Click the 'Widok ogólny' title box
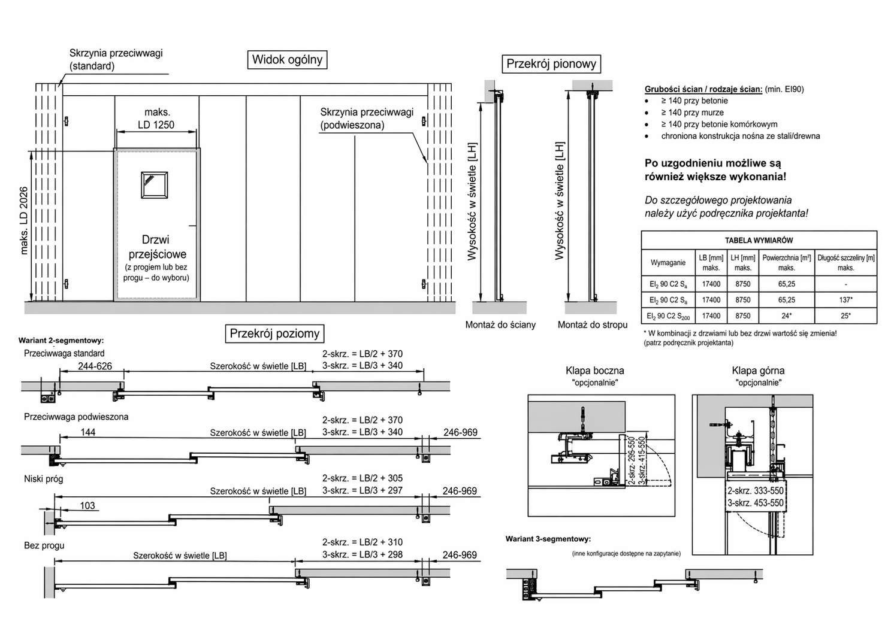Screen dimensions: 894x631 pos(288,60)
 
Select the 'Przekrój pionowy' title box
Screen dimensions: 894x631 pos(551,64)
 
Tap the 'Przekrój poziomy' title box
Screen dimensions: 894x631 pos(274,333)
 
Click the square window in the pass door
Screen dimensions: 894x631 pos(155,185)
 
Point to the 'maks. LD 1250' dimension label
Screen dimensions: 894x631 pos(156,119)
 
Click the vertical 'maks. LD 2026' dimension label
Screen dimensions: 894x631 pos(24,220)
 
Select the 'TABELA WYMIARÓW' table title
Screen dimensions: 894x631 pos(759,241)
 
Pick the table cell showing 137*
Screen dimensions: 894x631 pos(845,300)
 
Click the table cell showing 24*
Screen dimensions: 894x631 pos(786,316)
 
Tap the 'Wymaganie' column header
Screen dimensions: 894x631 pos(668,262)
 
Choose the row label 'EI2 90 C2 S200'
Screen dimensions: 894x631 pos(668,316)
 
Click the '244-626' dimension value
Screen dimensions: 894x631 pos(95,366)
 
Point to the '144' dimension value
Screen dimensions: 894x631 pos(88,432)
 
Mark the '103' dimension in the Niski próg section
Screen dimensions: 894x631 pos(87,506)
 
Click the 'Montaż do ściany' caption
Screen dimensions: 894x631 pos(500,324)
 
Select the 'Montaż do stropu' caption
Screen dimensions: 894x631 pos(592,324)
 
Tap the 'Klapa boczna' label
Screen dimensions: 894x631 pos(594,371)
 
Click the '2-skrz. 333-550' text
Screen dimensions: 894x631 pos(756,490)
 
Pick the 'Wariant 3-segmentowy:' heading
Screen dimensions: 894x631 pos(548,539)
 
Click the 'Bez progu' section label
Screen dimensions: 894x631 pos(44,545)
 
